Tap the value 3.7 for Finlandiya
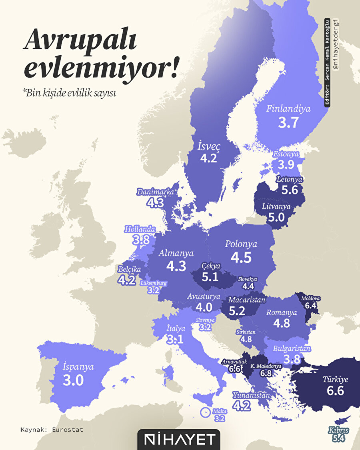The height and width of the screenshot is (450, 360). pyautogui.click(x=288, y=122)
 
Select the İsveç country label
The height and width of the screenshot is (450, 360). pyautogui.click(x=209, y=146)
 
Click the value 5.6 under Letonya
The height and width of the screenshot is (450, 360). pyautogui.click(x=290, y=190)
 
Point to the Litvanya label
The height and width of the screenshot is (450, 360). pyautogui.click(x=276, y=207)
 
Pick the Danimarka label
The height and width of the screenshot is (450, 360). pyautogui.click(x=155, y=192)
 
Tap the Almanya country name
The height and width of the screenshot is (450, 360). pyautogui.click(x=176, y=253)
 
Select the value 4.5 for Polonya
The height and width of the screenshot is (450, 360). pyautogui.click(x=241, y=258)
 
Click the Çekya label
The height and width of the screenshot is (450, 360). pyautogui.click(x=210, y=266)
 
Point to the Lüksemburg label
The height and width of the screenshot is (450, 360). pyautogui.click(x=154, y=283)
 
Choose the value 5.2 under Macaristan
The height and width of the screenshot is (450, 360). pyautogui.click(x=237, y=310)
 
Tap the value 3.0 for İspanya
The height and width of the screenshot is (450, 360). pyautogui.click(x=74, y=380)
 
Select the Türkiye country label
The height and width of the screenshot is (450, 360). pyautogui.click(x=335, y=380)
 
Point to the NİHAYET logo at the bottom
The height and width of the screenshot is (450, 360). pyautogui.click(x=179, y=440)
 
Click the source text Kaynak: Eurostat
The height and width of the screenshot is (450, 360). pyautogui.click(x=52, y=430)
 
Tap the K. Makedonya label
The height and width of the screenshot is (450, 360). pyautogui.click(x=266, y=366)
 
